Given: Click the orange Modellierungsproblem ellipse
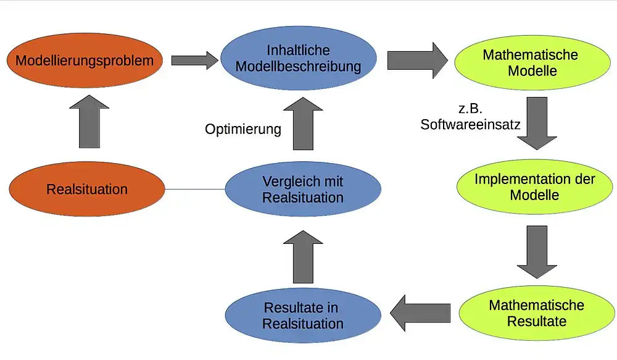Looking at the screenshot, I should [x=84, y=61].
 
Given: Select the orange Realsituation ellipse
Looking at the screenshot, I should [x=87, y=189].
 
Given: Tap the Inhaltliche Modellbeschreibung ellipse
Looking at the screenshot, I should [x=299, y=59].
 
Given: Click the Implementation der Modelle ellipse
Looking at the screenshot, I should [x=534, y=187].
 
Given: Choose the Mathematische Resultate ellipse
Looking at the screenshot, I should [x=536, y=313].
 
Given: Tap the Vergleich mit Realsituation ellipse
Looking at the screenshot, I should [x=302, y=190].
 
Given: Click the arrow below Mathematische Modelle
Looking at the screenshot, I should [x=537, y=123].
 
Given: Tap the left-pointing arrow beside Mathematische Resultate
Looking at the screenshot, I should [x=421, y=312].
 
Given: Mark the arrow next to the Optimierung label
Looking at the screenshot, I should [x=303, y=124].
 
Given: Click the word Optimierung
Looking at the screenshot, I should [x=243, y=129].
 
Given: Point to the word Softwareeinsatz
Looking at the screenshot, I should [x=470, y=124].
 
